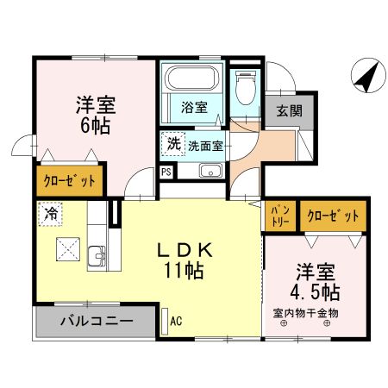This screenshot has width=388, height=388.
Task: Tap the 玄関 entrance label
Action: coord(287,110)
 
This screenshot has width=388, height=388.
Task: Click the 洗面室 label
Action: coord(206,146)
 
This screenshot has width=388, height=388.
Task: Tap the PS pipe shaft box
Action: coord(166,170)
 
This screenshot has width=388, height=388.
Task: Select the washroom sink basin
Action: coord(210,170)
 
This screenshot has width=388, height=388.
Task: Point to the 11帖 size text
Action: coord(185,272)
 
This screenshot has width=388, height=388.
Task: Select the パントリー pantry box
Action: coord(280,215)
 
